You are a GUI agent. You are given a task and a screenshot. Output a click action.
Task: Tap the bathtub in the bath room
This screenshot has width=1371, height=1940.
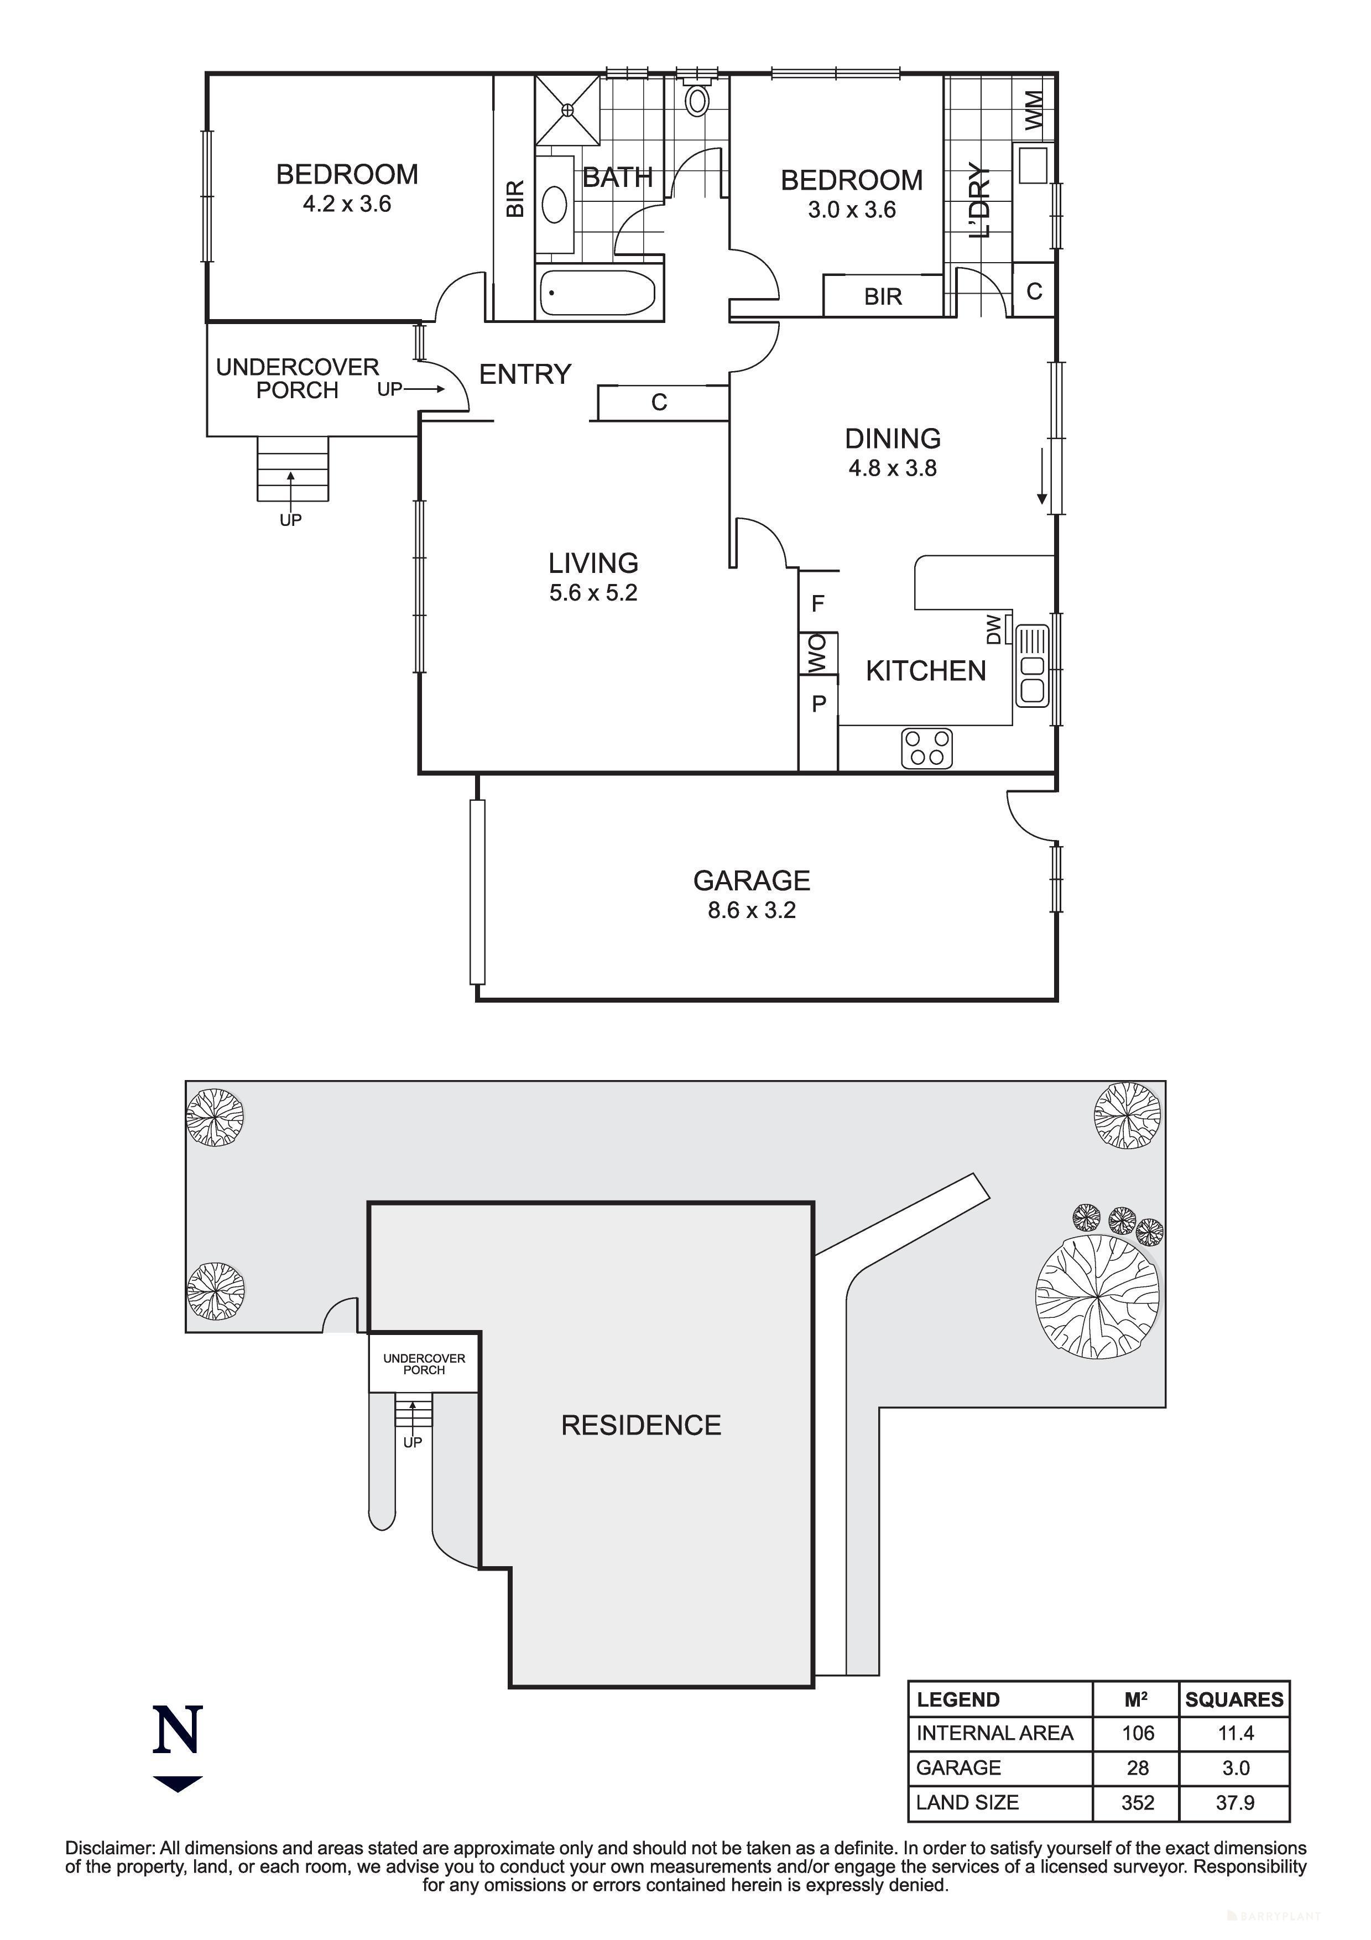click(598, 293)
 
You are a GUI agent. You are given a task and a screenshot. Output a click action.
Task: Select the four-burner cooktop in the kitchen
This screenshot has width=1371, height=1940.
click(927, 748)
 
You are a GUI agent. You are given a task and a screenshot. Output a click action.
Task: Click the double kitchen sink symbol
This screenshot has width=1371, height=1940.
click(1033, 666)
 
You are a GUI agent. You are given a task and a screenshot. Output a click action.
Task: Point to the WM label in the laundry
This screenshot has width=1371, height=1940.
click(1034, 111)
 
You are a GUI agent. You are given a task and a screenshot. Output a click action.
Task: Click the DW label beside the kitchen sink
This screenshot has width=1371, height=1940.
click(994, 629)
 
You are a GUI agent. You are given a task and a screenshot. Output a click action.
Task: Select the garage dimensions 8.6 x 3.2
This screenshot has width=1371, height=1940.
click(751, 910)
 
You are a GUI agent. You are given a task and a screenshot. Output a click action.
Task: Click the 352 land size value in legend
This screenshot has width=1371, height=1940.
click(1137, 1802)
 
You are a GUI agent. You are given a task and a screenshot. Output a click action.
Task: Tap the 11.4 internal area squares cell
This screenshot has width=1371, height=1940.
click(1234, 1733)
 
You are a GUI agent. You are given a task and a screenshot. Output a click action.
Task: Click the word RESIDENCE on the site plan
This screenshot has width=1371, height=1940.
click(641, 1426)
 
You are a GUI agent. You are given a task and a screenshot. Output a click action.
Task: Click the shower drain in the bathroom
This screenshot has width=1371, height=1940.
click(567, 109)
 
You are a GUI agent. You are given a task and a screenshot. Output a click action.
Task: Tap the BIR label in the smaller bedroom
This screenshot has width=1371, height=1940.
click(883, 296)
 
